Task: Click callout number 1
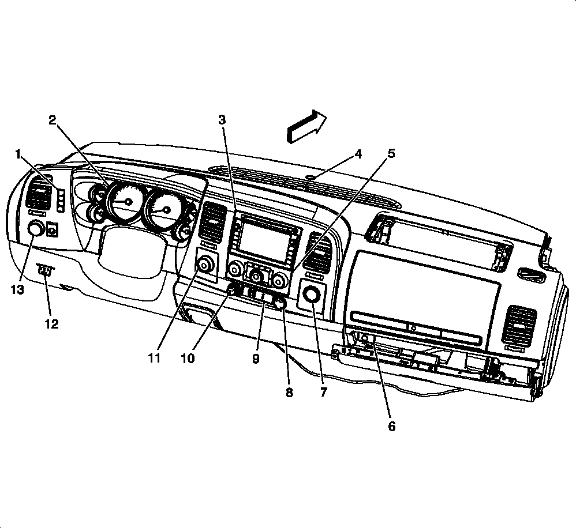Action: [x=19, y=154]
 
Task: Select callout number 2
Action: [x=53, y=120]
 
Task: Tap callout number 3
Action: [x=222, y=120]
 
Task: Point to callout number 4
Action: [x=358, y=154]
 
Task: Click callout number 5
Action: [x=391, y=154]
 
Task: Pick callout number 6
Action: [x=391, y=427]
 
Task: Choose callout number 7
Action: [x=323, y=392]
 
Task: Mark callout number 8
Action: [x=289, y=392]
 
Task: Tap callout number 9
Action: [x=256, y=358]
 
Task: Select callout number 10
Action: [x=188, y=358]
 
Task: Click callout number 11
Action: [x=154, y=358]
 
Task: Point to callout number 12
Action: [x=52, y=324]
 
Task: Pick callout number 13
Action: [x=18, y=290]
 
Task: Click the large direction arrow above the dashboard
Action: [x=306, y=126]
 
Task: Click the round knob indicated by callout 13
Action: [x=36, y=229]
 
